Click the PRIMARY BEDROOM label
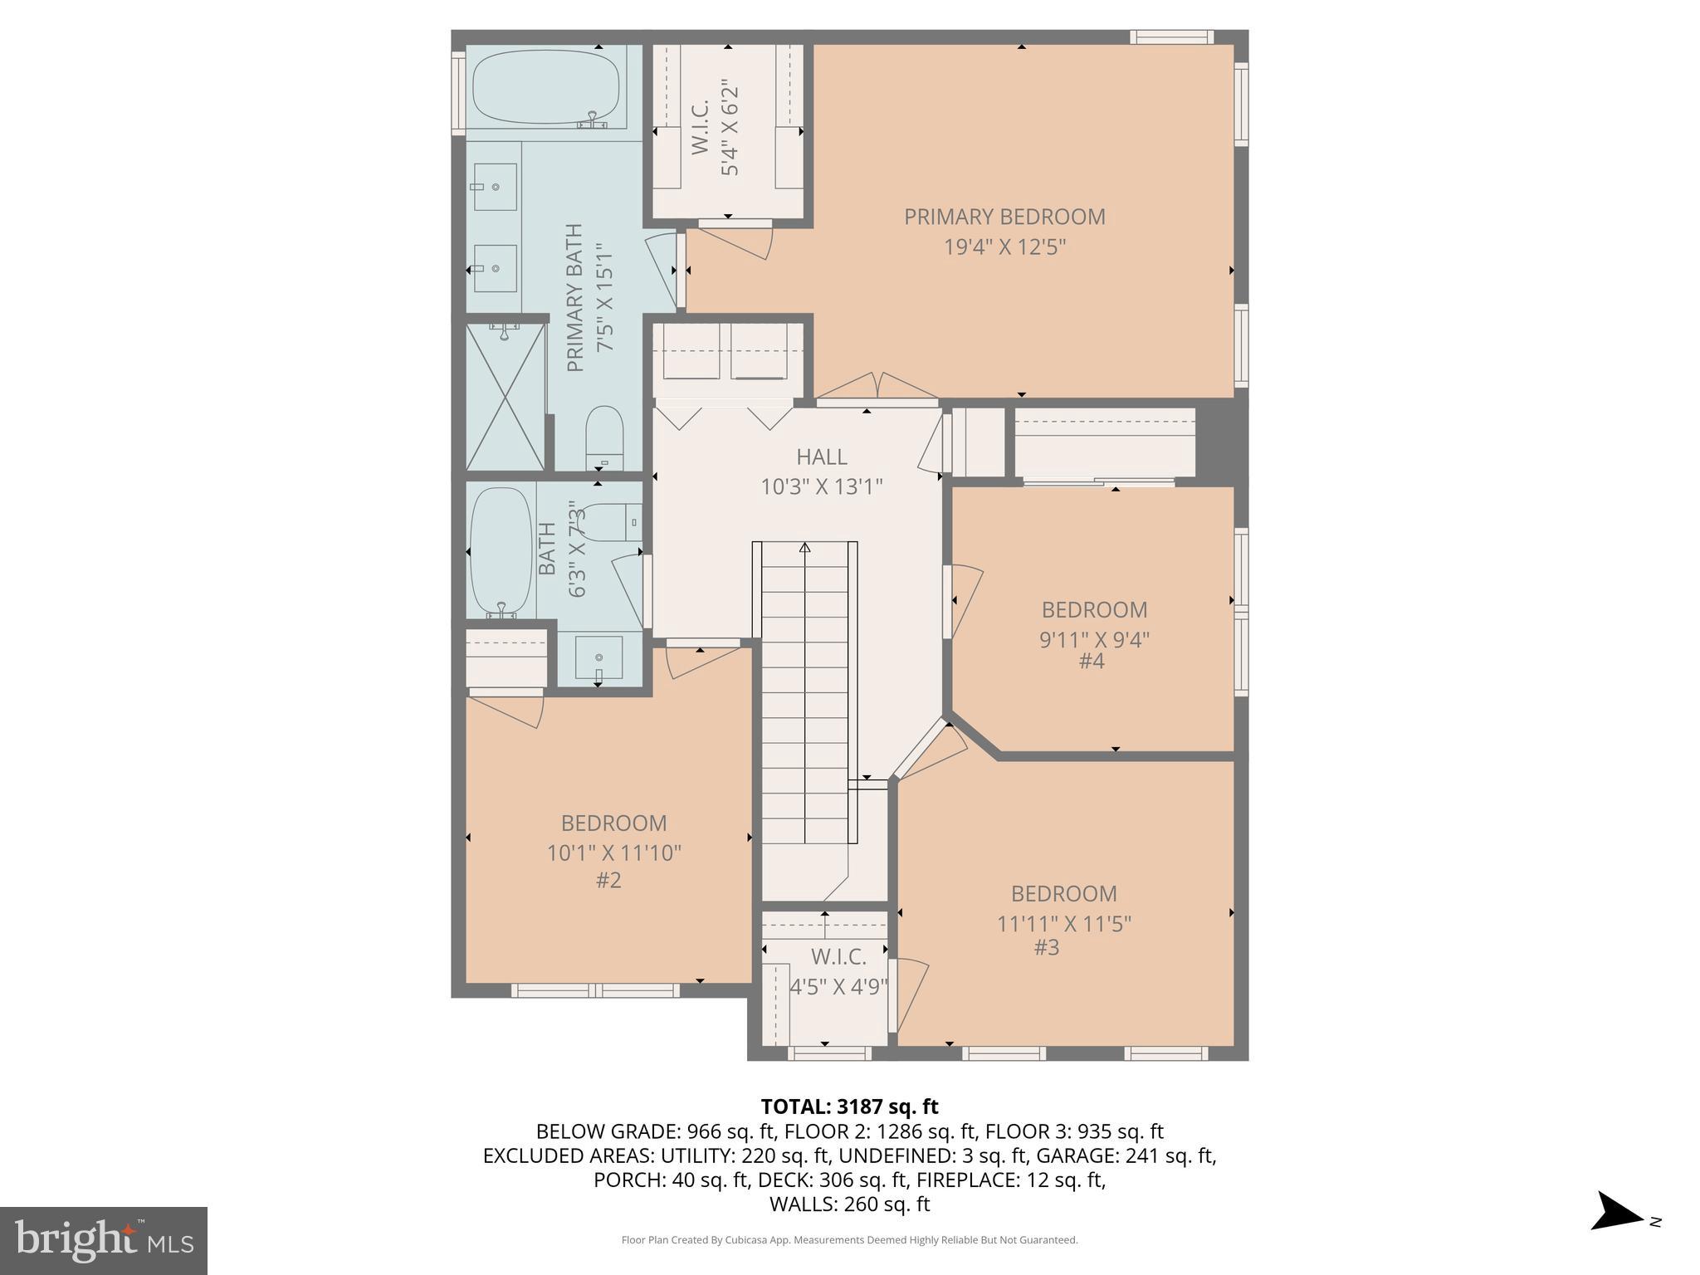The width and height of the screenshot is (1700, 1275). (x=1004, y=217)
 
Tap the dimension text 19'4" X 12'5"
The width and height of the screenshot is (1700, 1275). (x=1004, y=247)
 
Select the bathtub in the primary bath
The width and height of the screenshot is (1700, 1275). (x=545, y=89)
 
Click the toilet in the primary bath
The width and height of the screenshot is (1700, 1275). (x=604, y=437)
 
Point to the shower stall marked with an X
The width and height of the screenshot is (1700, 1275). (x=505, y=397)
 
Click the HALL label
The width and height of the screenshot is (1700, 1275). (x=821, y=457)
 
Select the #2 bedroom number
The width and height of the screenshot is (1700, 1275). (x=608, y=880)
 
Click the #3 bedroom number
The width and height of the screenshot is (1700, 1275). (x=1047, y=948)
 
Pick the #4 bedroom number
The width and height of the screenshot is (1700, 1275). (x=1091, y=662)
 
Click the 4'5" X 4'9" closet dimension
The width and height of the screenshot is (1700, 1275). (x=838, y=987)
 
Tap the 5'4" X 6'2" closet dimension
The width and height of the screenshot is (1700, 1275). (x=730, y=127)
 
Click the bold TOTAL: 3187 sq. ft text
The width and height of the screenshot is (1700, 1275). (x=849, y=1106)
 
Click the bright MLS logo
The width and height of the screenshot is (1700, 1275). (x=103, y=1240)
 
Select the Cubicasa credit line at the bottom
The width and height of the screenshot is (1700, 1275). (x=849, y=1240)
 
